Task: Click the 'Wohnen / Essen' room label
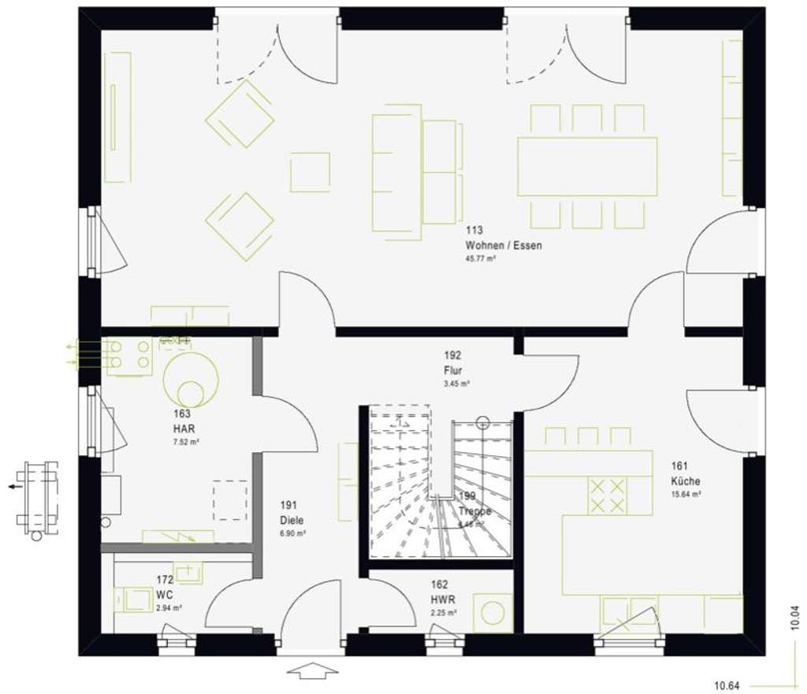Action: [x=503, y=246]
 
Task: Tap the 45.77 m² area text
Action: [x=480, y=258]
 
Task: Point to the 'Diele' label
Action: [x=292, y=521]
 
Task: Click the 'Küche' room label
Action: [x=686, y=481]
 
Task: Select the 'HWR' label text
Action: [x=441, y=599]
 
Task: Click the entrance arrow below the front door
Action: [x=312, y=672]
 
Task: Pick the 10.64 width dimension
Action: [x=728, y=683]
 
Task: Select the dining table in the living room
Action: [x=587, y=166]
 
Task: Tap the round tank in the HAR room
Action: [x=190, y=377]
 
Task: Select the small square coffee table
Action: [x=310, y=173]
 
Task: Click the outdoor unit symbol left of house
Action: [x=37, y=495]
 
